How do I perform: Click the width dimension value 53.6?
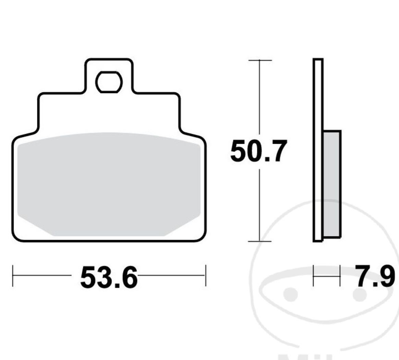[x=109, y=277]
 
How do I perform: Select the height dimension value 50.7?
[x=258, y=151]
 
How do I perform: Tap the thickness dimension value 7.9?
[x=374, y=276]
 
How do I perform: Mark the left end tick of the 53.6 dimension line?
[x=13, y=275]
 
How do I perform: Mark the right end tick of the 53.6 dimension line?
[x=205, y=275]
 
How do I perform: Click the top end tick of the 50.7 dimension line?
[x=260, y=60]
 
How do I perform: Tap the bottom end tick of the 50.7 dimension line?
[x=260, y=241]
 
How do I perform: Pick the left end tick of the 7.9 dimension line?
[x=314, y=275]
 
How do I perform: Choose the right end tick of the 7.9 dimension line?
[x=340, y=275]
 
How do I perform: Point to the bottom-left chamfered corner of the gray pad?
[x=34, y=227]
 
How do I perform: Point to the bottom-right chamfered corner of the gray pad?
[x=183, y=227]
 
